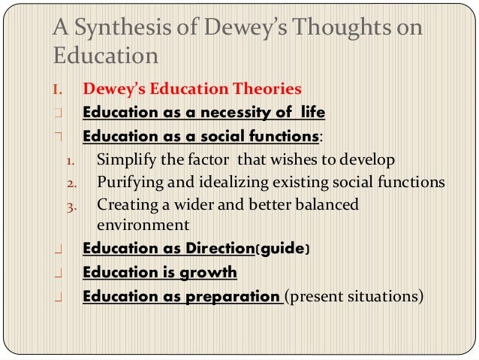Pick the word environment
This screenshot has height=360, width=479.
coord(143,224)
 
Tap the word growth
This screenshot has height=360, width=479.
coord(205,272)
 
